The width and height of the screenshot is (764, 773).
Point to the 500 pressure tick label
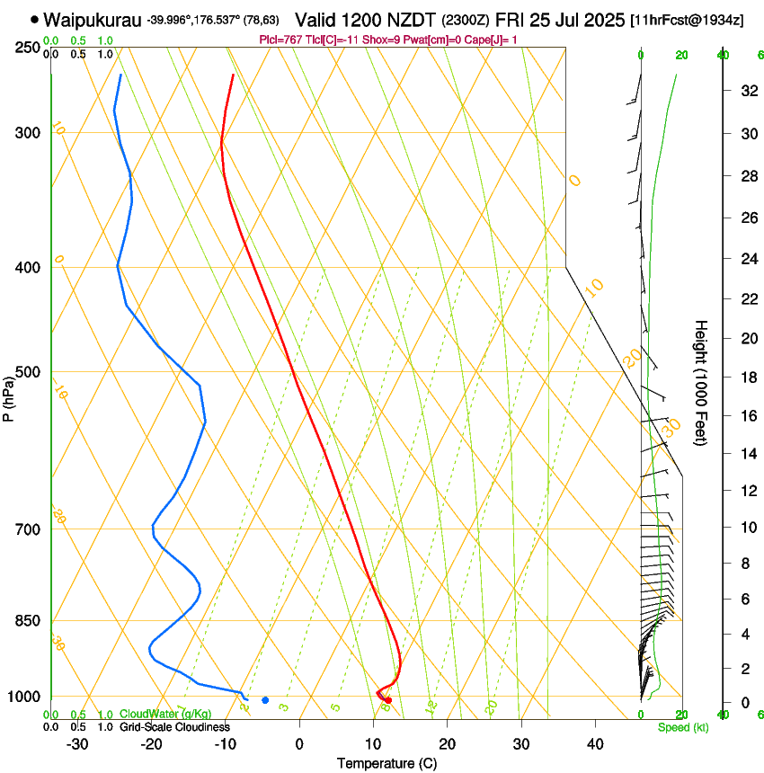(28, 372)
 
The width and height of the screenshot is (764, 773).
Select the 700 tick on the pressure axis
(28, 529)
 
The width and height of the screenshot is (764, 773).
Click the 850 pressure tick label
(28, 621)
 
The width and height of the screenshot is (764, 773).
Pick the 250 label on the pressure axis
(28, 47)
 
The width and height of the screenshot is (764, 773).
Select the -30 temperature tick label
(77, 743)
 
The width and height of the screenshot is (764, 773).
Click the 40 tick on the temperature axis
(595, 743)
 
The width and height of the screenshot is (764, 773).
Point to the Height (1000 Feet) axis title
(702, 382)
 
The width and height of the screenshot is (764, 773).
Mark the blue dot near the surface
(265, 700)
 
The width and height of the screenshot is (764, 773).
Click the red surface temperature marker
(388, 700)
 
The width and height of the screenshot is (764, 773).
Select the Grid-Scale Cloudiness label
(174, 726)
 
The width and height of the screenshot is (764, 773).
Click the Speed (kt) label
(682, 726)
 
